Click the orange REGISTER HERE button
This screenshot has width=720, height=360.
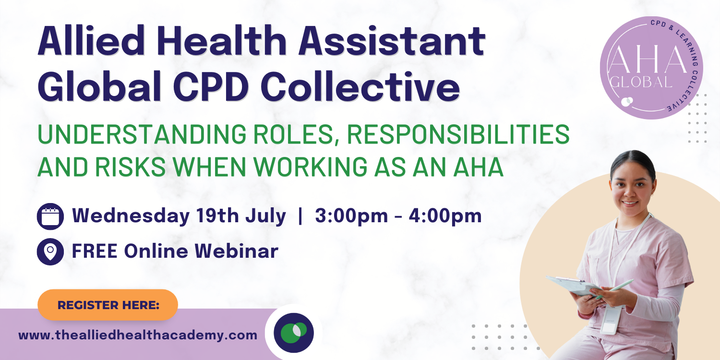point(108,305)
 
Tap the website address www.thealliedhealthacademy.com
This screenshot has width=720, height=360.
point(138,335)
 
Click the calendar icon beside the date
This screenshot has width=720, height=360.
point(50,216)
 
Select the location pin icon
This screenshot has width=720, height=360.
point(50,252)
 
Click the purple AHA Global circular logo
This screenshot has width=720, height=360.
point(651,68)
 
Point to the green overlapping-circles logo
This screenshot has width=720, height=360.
point(294,333)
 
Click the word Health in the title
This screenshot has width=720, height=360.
point(222,42)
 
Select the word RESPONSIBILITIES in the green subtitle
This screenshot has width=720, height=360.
point(458,134)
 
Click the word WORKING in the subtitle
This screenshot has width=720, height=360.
point(310,167)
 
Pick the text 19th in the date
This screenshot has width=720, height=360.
point(217,216)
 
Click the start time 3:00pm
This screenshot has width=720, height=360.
point(351,216)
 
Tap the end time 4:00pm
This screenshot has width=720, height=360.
point(445,216)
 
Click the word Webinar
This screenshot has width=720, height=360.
point(236,251)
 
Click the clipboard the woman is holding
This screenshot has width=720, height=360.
point(574,286)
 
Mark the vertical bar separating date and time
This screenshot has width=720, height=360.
point(300,216)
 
